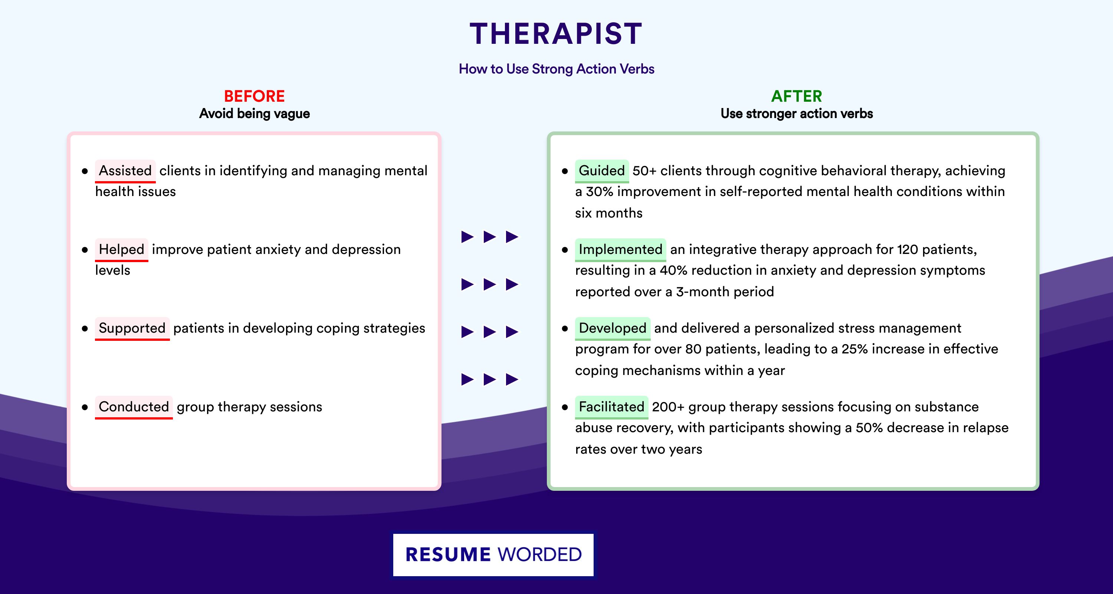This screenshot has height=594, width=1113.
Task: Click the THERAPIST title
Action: [x=556, y=34]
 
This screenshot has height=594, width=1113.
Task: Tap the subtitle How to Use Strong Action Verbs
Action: [x=556, y=69]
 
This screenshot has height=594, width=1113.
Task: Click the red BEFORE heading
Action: [x=254, y=96]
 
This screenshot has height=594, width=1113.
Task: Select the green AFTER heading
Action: [x=796, y=96]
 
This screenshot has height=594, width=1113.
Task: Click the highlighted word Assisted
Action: [x=125, y=171]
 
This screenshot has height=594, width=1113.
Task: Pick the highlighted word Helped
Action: [x=121, y=249]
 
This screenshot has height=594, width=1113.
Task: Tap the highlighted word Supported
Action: [x=132, y=328]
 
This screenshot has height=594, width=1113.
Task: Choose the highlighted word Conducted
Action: [x=134, y=407]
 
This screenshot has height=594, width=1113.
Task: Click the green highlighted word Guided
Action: [x=602, y=171]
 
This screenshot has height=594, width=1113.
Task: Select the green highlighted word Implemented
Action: [x=620, y=249]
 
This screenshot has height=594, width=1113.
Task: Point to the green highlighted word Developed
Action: [x=613, y=328]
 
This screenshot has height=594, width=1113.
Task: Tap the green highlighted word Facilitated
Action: [x=612, y=407]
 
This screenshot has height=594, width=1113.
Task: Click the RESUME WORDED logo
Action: [x=493, y=555]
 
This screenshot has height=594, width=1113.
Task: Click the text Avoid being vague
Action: [x=254, y=114]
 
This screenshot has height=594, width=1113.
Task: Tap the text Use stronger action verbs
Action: [x=796, y=114]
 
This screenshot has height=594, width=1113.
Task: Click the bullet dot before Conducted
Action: [x=85, y=407]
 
